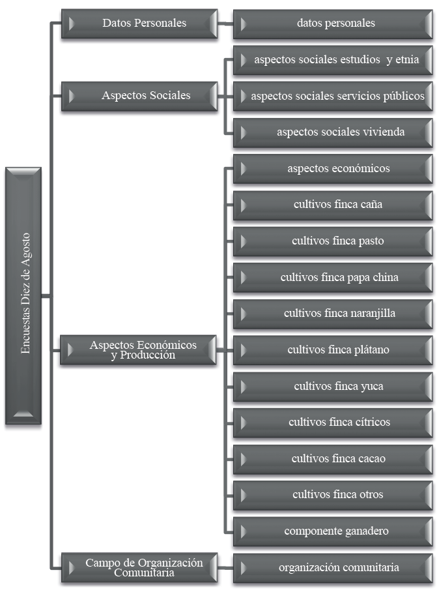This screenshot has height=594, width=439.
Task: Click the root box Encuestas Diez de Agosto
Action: [24, 297]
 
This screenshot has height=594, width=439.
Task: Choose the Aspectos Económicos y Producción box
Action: [138, 350]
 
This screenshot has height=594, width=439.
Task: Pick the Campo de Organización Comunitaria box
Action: [138, 567]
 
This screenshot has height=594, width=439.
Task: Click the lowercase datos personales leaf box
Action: [333, 23]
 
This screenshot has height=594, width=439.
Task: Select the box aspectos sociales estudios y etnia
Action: [333, 59]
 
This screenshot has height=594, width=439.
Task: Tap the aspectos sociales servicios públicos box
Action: [333, 96]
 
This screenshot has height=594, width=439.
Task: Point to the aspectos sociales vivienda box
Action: [333, 132]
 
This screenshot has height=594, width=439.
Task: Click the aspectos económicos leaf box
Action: [333, 168]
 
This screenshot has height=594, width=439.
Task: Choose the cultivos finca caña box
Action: [333, 205]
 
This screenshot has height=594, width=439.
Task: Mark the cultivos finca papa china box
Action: [333, 277]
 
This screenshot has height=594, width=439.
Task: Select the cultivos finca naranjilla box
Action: [333, 313]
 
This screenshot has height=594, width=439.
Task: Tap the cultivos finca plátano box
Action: [333, 349]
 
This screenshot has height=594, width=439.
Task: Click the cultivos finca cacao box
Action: [333, 458]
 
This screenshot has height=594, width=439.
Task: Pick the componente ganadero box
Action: [333, 531]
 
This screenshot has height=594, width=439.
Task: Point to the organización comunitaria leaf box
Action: [333, 567]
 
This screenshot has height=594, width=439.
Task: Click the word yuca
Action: [372, 387]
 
